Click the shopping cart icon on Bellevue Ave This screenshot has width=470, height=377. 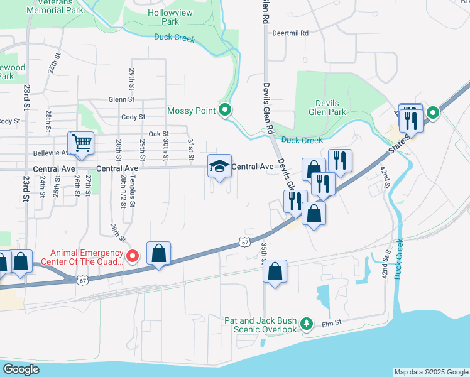(x=81, y=143)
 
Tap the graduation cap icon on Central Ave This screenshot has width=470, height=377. (x=219, y=167)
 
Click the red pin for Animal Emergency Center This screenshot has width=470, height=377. (x=132, y=255)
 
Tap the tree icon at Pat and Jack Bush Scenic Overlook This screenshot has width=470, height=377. (x=306, y=324)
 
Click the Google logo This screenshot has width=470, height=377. (x=21, y=369)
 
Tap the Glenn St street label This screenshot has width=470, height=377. (x=121, y=99)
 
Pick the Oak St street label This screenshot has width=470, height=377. (x=159, y=134)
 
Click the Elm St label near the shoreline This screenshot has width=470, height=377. (x=331, y=323)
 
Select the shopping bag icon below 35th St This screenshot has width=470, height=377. (x=275, y=272)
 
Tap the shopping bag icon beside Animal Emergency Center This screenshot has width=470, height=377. (x=159, y=254)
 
